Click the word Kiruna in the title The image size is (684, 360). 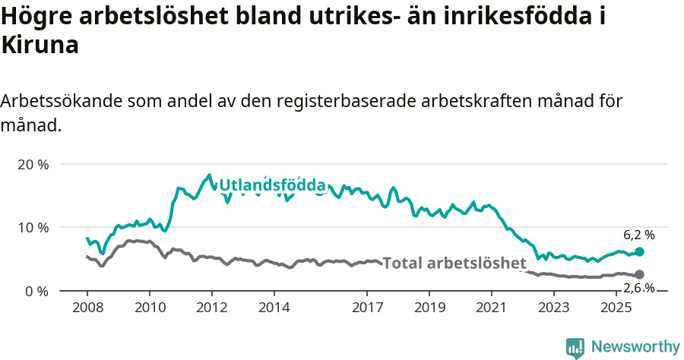point(40,46)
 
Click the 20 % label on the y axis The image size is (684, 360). point(33,164)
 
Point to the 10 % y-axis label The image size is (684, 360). point(33,227)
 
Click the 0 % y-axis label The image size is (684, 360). point(36,291)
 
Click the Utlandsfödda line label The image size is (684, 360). point(272,185)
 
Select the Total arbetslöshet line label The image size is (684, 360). point(454,264)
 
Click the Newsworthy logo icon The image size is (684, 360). point(575,347)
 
